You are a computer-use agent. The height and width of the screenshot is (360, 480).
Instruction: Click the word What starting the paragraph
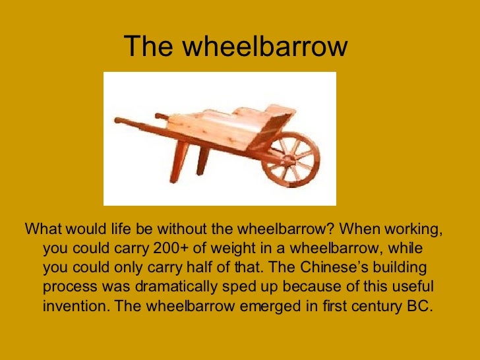click(42, 232)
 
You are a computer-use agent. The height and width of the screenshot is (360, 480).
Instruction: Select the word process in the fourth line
click(68, 288)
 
